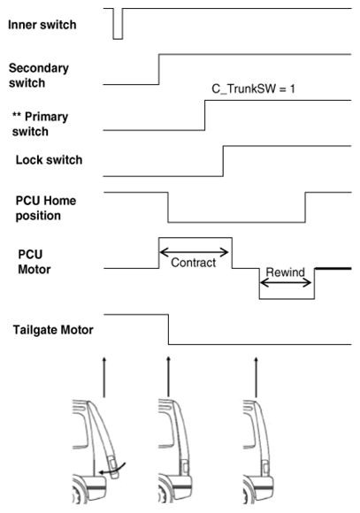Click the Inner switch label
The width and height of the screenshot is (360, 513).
point(42,25)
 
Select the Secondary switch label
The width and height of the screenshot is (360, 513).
point(39,75)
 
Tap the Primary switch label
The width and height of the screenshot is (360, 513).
point(41,124)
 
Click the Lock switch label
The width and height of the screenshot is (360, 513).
point(50,160)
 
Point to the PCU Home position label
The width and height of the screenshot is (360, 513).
point(46,208)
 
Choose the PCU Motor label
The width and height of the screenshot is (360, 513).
point(34,262)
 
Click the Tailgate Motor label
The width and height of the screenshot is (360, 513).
point(53,330)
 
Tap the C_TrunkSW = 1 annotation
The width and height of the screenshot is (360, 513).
point(253,88)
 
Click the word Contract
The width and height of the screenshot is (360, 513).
point(194,263)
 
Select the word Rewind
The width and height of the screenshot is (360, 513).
point(285,272)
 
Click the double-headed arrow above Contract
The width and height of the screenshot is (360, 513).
point(194,252)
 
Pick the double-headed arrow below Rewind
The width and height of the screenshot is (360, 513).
point(286,283)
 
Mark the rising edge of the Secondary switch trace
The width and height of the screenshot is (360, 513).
point(159,69)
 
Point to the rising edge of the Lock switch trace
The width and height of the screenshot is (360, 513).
point(223,161)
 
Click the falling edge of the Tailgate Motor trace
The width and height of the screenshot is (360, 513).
point(169,329)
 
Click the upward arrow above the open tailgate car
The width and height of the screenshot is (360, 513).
point(104,377)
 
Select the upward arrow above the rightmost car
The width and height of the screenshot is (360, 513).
point(256,377)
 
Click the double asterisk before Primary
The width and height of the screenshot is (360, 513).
point(17,115)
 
